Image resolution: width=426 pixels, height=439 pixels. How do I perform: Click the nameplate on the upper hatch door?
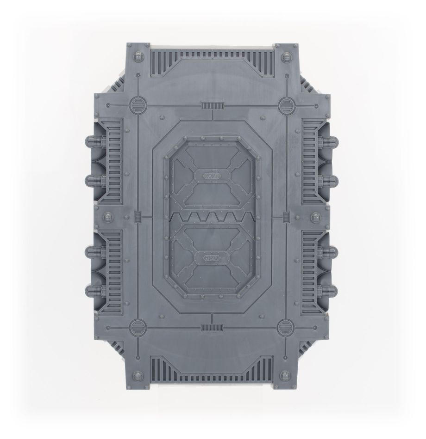point(213,176)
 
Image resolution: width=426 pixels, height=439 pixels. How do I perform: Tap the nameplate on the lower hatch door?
point(213,258)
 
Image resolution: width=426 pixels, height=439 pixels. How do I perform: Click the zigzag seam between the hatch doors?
point(213,217)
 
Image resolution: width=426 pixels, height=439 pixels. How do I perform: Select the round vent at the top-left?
point(137,105)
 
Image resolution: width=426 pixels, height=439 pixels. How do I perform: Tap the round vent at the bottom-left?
point(138,328)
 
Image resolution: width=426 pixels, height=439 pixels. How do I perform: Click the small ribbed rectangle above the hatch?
point(211,106)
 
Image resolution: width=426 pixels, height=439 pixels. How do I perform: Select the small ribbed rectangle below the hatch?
point(211,328)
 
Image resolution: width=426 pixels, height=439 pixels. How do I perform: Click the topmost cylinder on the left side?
point(93,140)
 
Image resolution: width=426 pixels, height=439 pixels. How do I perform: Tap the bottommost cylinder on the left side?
point(93,291)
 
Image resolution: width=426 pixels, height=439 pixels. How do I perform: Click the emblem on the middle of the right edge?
point(318,216)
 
